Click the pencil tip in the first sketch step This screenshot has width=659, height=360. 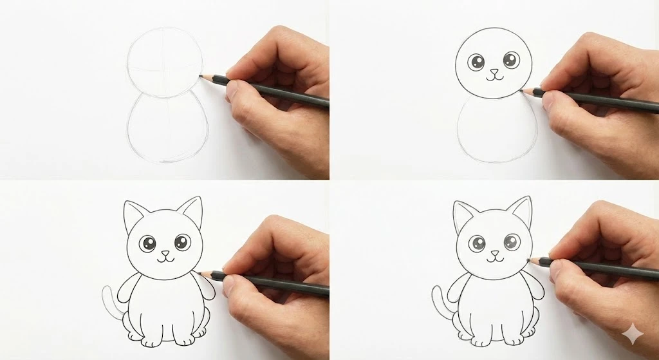pyautogui.click(x=200, y=76)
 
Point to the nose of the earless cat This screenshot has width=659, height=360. pyautogui.click(x=494, y=71)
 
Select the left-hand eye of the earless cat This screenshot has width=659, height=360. pyautogui.click(x=477, y=62)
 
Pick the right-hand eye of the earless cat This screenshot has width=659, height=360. pyautogui.click(x=510, y=61)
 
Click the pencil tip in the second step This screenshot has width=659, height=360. pyautogui.click(x=522, y=90)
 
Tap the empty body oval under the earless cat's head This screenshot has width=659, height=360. pyautogui.click(x=496, y=132)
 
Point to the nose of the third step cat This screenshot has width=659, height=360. pyautogui.click(x=165, y=253)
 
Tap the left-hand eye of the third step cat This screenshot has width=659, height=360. pyautogui.click(x=148, y=244)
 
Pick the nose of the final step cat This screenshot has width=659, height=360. pyautogui.click(x=494, y=253)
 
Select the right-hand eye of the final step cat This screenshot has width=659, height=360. pyautogui.click(x=512, y=243)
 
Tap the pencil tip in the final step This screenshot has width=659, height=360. pyautogui.click(x=528, y=260)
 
